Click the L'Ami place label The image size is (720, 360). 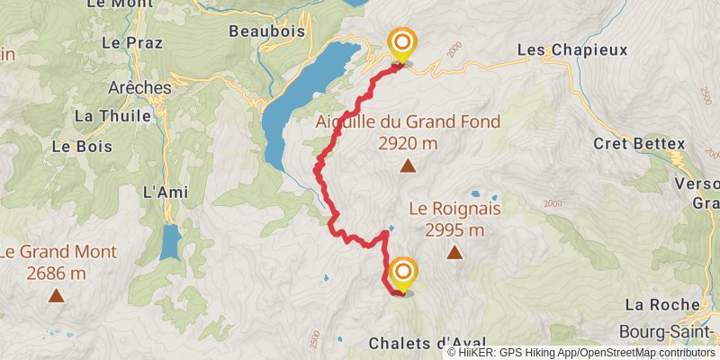point(163,192)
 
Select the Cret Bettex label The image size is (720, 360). point(639,143)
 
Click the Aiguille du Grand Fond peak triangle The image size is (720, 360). point(408,165)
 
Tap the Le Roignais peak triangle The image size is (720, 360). point(454,253)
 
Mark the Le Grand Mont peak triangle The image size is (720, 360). point(57,295)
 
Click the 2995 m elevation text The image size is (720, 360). point(454,229)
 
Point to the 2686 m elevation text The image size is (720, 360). point(57,273)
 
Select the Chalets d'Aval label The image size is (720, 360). point(427,343)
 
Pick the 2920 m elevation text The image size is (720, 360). point(408,143)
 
